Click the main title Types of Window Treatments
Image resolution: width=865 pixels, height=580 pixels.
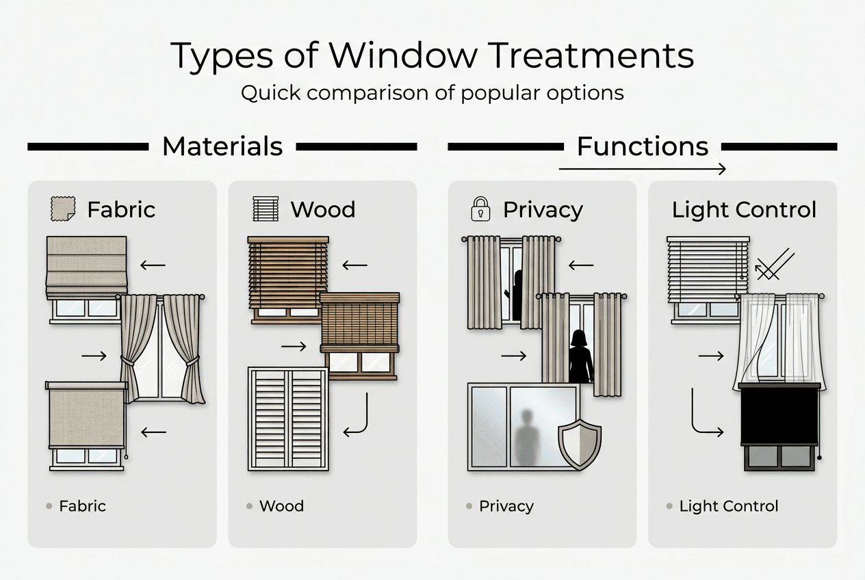coord(432,55)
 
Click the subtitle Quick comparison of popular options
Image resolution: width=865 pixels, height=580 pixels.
coord(432,92)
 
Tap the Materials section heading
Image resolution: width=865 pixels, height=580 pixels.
coord(222,146)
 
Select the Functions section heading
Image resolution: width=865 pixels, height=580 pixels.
coord(643,146)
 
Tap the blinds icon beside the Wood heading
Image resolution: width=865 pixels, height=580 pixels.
coord(266,209)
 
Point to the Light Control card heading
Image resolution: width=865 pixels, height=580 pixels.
coord(744,210)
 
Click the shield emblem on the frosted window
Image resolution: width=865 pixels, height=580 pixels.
coord(580,445)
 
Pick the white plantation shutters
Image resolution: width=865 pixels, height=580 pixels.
coord(288,418)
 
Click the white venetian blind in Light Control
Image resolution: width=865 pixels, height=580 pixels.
coord(707,269)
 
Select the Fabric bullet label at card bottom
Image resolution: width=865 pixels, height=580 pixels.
coord(82,507)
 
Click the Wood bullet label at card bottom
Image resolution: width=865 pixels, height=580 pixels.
coord(281,507)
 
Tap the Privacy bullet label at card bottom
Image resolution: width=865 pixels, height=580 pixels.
coord(506,507)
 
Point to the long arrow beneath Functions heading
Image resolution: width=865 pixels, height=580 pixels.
coord(642,168)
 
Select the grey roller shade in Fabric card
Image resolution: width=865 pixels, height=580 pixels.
coord(86,414)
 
